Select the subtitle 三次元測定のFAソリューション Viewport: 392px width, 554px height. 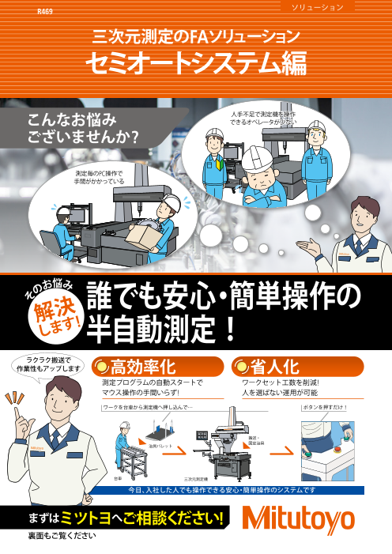tap(196, 36)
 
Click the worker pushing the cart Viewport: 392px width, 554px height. tap(124, 443)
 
